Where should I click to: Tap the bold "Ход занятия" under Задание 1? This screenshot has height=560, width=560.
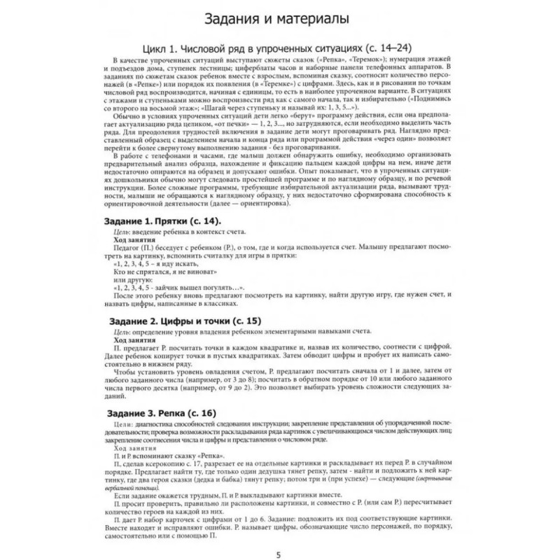click(135, 239)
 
